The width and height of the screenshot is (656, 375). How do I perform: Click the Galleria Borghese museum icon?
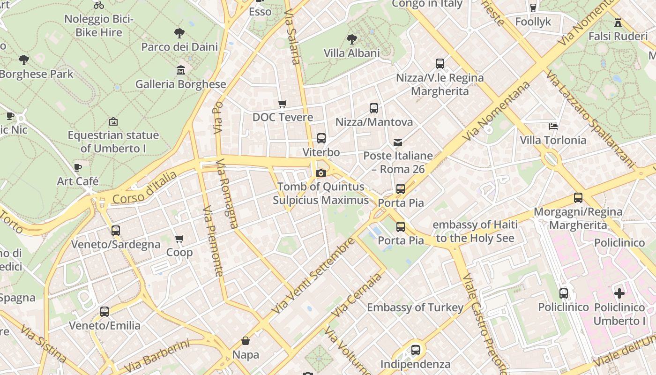click(181, 70)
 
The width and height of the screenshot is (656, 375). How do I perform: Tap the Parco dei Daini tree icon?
click(179, 33)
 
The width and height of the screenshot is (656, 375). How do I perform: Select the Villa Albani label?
click(351, 53)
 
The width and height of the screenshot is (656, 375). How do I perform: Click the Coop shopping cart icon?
click(179, 239)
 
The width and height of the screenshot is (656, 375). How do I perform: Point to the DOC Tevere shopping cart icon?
click(282, 104)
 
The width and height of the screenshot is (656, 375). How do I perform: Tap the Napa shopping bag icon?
click(245, 341)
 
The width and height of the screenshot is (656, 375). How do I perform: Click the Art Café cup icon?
click(78, 167)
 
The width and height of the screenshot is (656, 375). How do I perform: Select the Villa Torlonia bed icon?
click(553, 126)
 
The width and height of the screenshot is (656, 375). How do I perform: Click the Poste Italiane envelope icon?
click(398, 142)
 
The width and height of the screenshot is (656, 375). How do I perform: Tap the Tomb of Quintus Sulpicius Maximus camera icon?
click(321, 173)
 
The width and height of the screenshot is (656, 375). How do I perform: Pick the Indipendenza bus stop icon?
click(415, 350)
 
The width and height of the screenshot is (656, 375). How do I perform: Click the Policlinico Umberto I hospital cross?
click(619, 294)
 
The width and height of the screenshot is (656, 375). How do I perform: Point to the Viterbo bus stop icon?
click(321, 138)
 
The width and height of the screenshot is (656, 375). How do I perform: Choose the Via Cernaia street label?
click(357, 295)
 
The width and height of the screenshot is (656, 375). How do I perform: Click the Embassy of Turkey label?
click(415, 307)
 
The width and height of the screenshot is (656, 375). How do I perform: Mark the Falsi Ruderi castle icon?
click(618, 22)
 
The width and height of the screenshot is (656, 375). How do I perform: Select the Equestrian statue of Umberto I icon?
click(113, 122)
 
